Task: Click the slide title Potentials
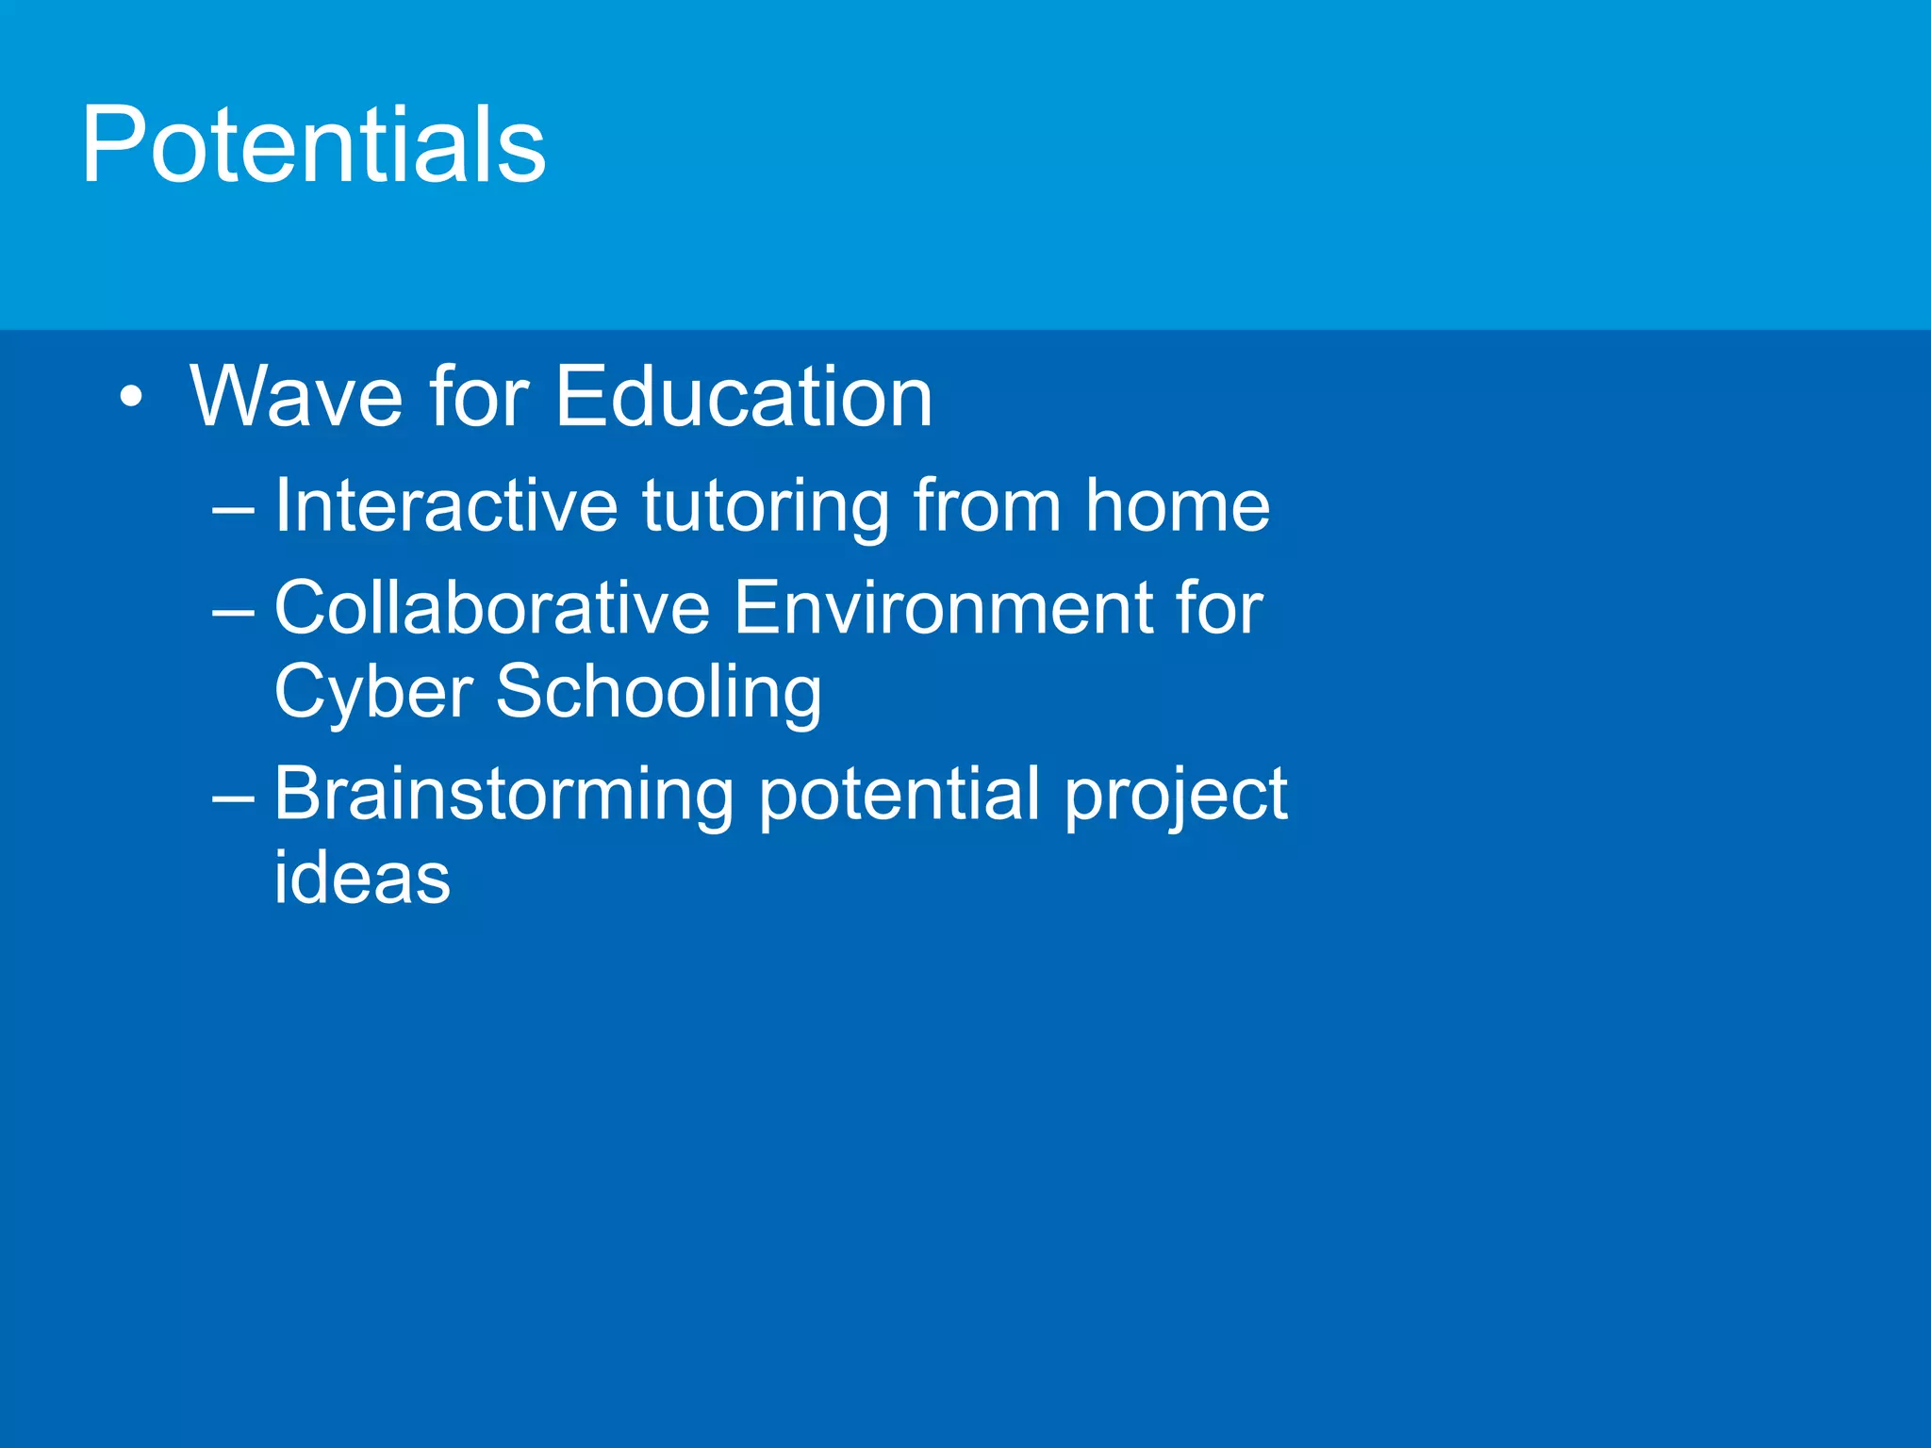(x=313, y=146)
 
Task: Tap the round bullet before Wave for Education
(x=132, y=397)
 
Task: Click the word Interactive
(x=445, y=506)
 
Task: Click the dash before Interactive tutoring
(x=233, y=510)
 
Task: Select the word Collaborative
(x=491, y=607)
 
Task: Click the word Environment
(x=943, y=607)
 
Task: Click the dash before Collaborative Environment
(x=233, y=612)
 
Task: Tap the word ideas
(x=362, y=878)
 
